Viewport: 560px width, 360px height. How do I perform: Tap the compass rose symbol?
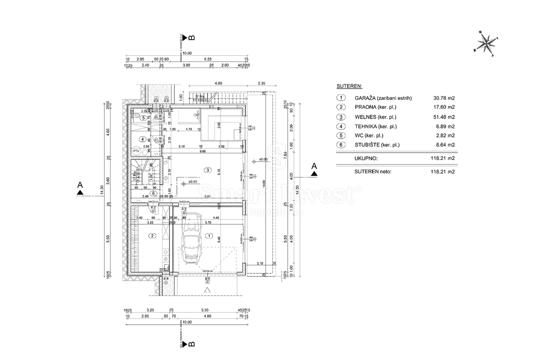(x=486, y=44)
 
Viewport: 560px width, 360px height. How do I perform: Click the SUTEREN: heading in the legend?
(x=350, y=86)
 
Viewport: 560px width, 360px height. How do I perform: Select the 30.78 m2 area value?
(x=444, y=98)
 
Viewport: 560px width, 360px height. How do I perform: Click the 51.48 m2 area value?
(x=444, y=117)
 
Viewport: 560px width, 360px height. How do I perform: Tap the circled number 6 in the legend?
(x=342, y=145)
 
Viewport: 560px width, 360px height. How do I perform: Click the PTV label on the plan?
(x=137, y=151)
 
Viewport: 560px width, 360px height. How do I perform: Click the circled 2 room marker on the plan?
(x=153, y=236)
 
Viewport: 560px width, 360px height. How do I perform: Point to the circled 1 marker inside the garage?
(x=209, y=236)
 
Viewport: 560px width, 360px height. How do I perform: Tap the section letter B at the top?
(x=191, y=37)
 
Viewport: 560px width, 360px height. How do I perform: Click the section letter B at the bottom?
(x=191, y=344)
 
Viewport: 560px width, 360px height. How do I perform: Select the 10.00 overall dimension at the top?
(x=187, y=53)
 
